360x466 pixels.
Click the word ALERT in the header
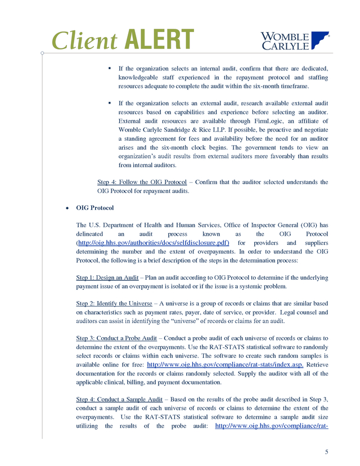pos(159,39)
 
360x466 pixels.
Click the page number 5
pos(327,452)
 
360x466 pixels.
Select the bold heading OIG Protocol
pos(94,208)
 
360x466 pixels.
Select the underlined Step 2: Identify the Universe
pos(114,304)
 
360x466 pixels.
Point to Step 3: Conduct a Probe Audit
pos(116,338)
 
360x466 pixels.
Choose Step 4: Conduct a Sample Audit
pos(119,399)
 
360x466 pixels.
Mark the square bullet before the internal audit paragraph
pos(110,69)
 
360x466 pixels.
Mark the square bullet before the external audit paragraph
pos(110,104)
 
